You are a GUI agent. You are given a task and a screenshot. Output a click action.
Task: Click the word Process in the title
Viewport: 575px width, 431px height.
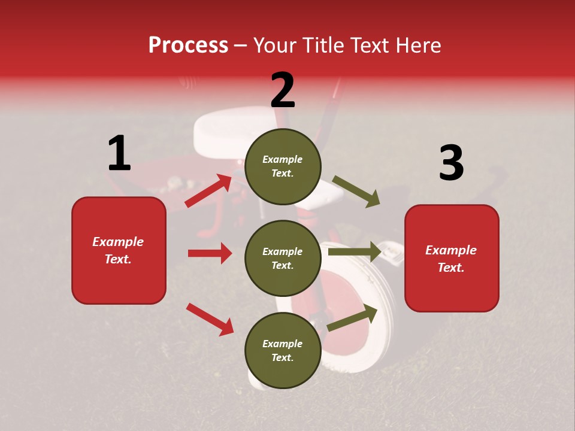188,45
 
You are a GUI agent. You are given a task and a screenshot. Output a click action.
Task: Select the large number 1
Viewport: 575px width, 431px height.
119,153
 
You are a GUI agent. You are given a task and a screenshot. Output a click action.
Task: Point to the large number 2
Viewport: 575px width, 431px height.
283,90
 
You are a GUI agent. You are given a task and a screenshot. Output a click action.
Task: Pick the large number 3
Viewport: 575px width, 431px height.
451,163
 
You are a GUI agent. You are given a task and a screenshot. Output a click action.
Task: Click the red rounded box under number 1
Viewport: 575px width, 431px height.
119,250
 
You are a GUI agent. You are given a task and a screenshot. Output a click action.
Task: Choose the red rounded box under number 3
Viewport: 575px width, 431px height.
452,258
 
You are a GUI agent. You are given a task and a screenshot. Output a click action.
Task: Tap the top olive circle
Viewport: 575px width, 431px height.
283,166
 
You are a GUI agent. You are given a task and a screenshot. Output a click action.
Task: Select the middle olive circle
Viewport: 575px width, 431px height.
283,258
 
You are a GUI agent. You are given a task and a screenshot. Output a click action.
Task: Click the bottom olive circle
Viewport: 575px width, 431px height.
283,350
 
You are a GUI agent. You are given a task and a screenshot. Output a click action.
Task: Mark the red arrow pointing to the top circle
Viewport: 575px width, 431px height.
208,191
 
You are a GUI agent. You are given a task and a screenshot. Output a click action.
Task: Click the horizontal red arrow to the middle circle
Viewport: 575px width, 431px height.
210,253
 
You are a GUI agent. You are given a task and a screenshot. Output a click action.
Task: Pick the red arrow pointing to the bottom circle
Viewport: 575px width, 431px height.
210,319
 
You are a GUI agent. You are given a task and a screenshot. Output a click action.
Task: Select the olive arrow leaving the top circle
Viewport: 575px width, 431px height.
356,191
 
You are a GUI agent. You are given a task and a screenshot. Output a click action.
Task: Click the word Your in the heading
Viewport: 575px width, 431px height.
273,45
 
